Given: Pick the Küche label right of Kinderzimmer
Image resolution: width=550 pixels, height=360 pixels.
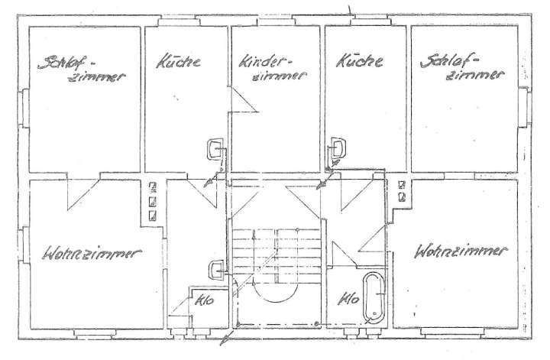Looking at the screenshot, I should [x=359, y=61].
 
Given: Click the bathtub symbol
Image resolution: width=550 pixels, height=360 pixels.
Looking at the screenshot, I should [x=374, y=297].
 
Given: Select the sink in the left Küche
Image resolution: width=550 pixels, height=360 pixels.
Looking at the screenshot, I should [x=215, y=148].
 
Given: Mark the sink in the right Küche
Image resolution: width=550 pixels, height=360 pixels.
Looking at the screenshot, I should [x=336, y=148].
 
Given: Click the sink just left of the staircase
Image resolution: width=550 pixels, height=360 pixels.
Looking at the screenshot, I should [x=216, y=268].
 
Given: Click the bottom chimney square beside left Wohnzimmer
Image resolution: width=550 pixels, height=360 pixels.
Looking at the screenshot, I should [x=152, y=216].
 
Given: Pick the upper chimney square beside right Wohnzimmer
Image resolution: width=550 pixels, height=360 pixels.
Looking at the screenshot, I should [x=400, y=184].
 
